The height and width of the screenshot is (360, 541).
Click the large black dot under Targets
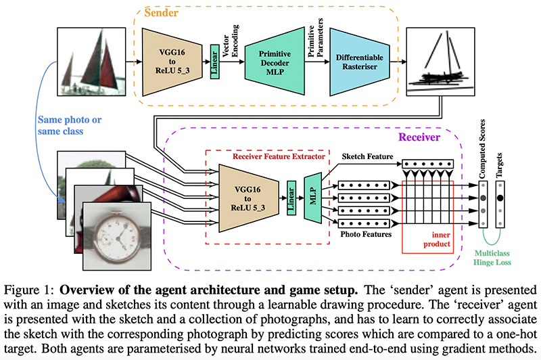(500, 198)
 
